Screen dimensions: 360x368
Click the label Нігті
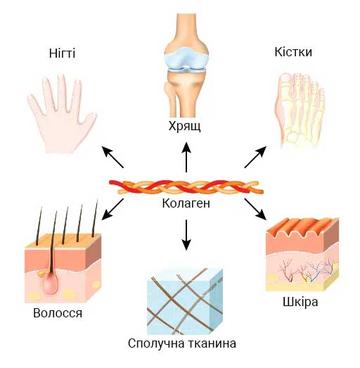point(62,53)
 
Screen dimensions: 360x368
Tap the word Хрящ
point(185,127)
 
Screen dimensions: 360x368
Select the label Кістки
point(293,52)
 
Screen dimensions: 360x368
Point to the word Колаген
point(186,203)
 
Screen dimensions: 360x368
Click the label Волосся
point(58,313)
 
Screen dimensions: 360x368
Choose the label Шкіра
point(300,302)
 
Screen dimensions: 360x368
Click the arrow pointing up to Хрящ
point(186,157)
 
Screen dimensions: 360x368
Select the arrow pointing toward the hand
point(112,157)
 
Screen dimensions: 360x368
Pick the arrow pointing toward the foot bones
point(255,157)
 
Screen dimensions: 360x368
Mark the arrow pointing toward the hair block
point(112,210)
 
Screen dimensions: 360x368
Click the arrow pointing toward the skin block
point(255,210)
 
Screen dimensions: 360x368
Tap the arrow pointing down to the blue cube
point(186,235)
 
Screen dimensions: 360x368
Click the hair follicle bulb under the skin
point(50,282)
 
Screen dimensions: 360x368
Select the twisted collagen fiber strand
point(186,187)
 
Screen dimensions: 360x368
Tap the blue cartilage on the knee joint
point(186,58)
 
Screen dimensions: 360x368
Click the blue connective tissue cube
point(185,301)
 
